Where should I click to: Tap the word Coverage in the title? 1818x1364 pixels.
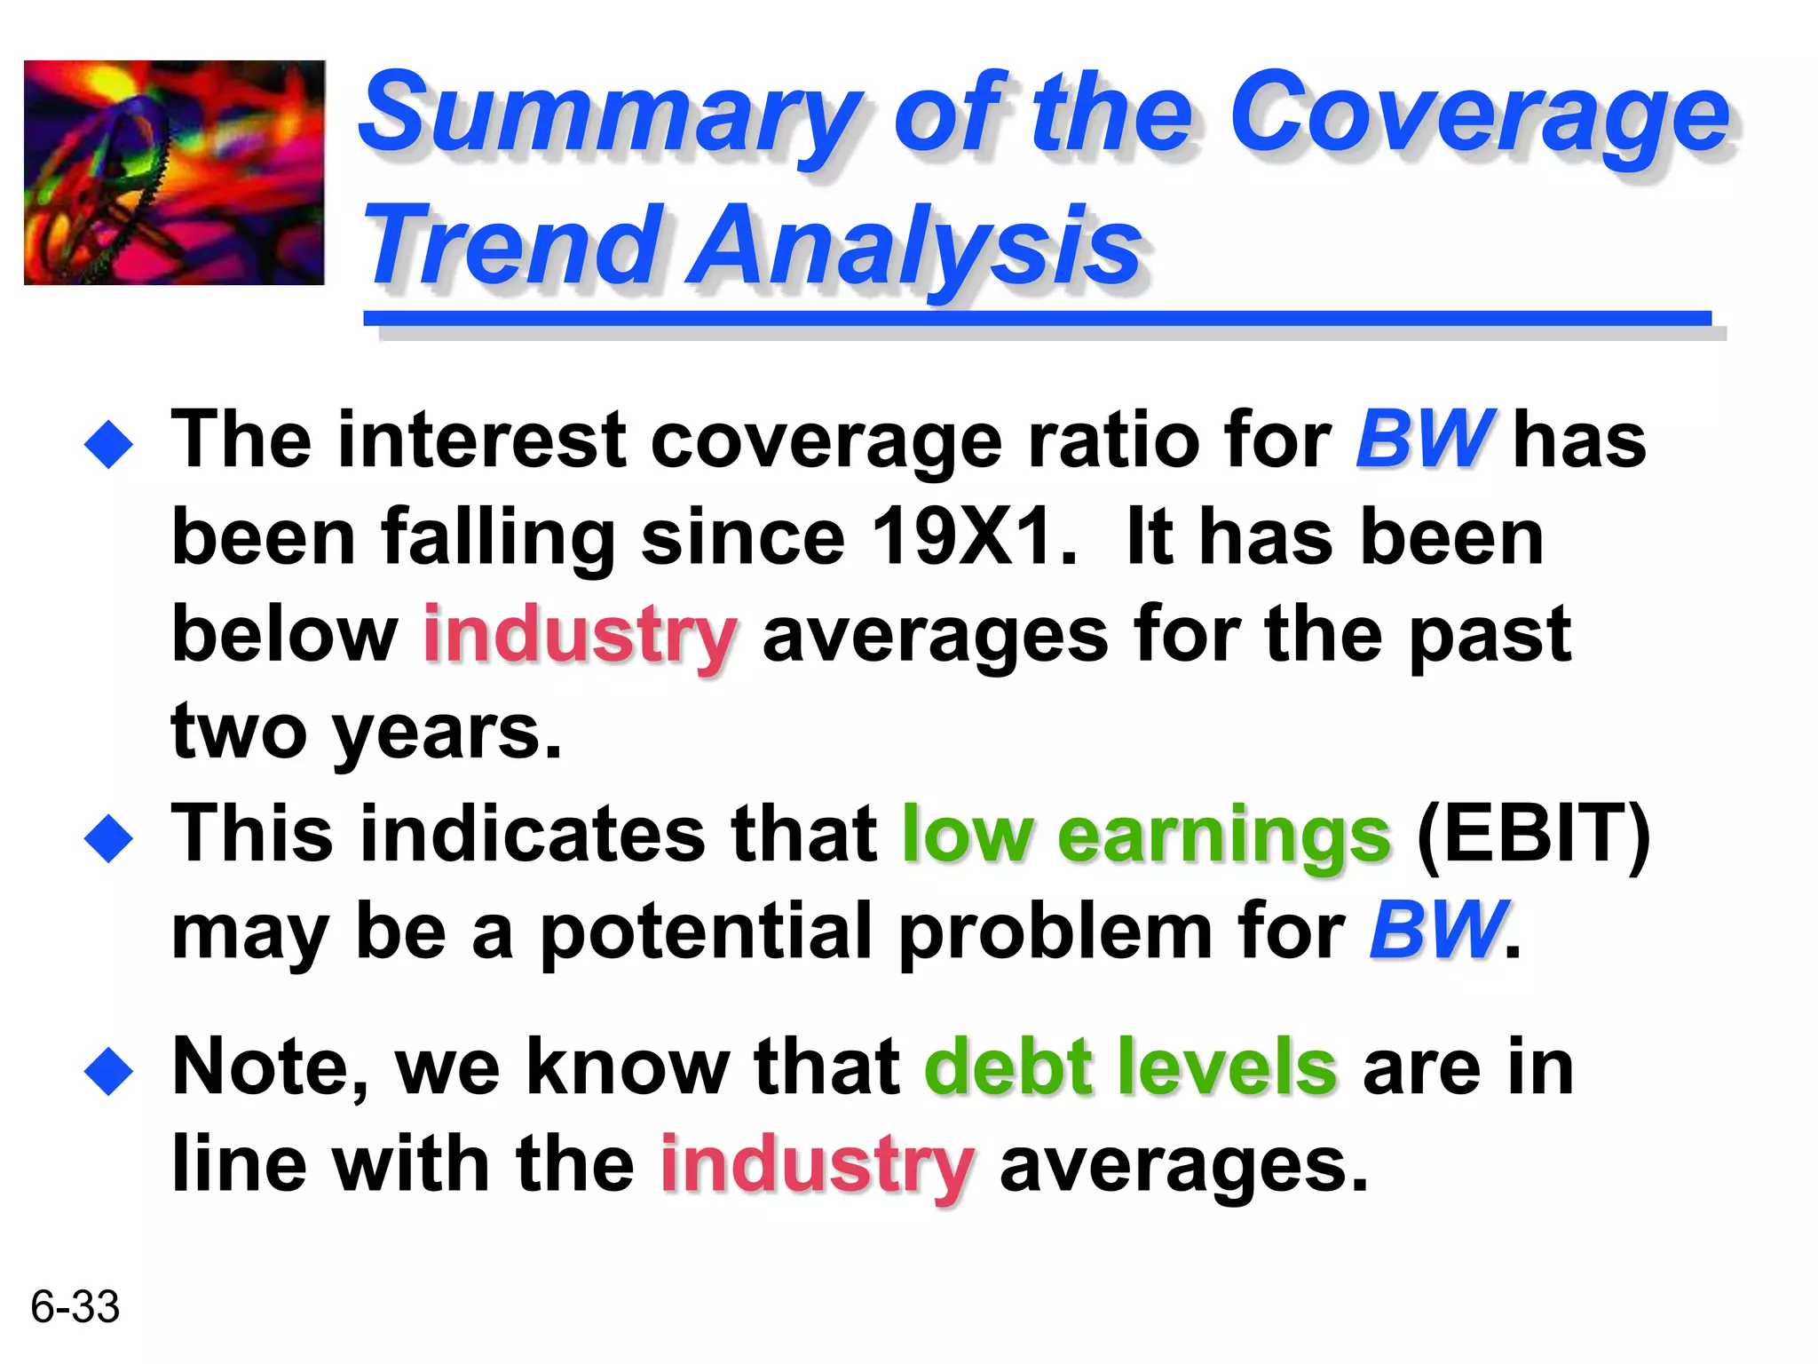coord(1478,115)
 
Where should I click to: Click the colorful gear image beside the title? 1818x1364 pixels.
coord(174,172)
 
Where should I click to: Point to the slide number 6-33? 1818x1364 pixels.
coord(75,1306)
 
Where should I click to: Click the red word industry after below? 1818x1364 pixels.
coord(580,634)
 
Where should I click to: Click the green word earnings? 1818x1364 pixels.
coord(1223,835)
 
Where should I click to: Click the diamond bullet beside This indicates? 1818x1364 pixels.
coord(108,837)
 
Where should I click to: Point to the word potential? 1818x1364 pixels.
coord(706,932)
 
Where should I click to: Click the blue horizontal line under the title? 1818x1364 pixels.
coord(1037,318)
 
